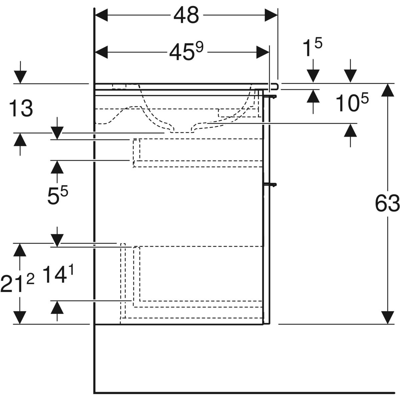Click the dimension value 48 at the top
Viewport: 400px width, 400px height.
tap(186, 15)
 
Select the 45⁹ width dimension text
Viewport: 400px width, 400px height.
tap(186, 52)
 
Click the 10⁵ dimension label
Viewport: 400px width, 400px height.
tap(352, 103)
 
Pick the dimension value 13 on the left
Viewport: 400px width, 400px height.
tap(21, 109)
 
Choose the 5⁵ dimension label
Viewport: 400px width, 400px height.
tap(57, 195)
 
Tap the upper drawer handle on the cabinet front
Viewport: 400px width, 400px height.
tap(270, 96)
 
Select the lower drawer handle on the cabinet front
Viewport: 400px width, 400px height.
tap(270, 184)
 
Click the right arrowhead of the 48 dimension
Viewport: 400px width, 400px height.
tap(271, 15)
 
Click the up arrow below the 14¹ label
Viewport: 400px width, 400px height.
tap(57, 308)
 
